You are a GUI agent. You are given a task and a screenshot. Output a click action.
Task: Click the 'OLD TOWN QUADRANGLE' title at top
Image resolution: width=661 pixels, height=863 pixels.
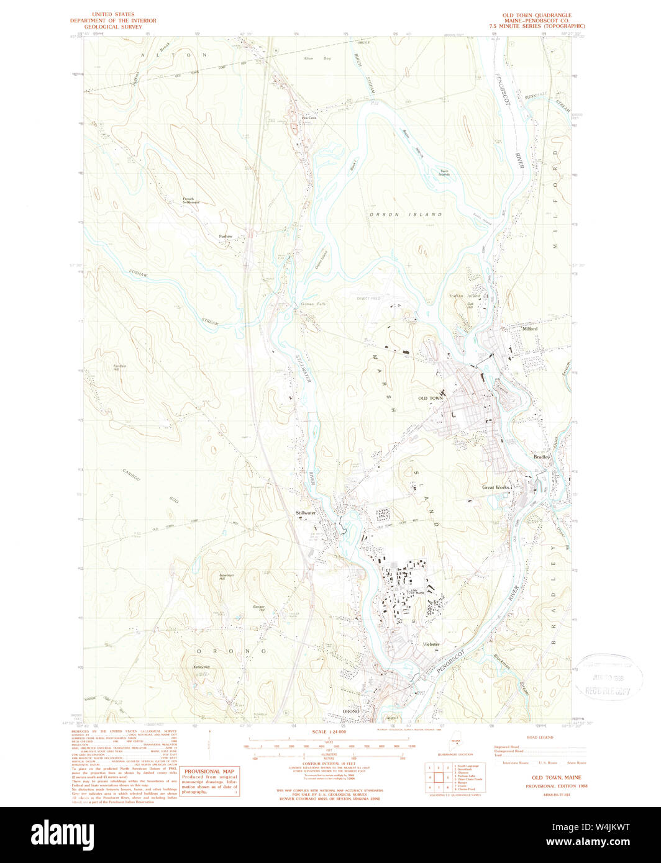click(x=537, y=14)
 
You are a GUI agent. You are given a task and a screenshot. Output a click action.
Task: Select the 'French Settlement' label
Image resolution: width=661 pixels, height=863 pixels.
click(x=191, y=201)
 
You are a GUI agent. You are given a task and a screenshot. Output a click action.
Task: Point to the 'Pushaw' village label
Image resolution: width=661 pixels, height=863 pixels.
click(x=226, y=237)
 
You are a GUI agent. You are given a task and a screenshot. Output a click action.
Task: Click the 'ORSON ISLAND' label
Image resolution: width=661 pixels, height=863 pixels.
click(x=406, y=215)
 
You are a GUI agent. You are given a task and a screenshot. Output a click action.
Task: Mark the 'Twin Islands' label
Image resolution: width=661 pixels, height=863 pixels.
click(x=444, y=173)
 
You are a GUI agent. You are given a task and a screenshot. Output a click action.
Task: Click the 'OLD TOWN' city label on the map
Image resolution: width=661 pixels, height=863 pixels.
click(x=431, y=398)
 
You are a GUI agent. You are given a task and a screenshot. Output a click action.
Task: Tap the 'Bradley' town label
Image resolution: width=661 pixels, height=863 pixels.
click(x=541, y=457)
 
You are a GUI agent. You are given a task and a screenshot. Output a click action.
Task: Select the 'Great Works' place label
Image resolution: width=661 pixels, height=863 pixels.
click(x=496, y=487)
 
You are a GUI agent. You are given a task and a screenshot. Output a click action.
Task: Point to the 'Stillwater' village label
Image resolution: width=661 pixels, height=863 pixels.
click(x=306, y=513)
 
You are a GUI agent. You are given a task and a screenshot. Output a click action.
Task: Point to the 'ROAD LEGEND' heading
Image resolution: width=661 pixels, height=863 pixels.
click(x=539, y=738)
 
